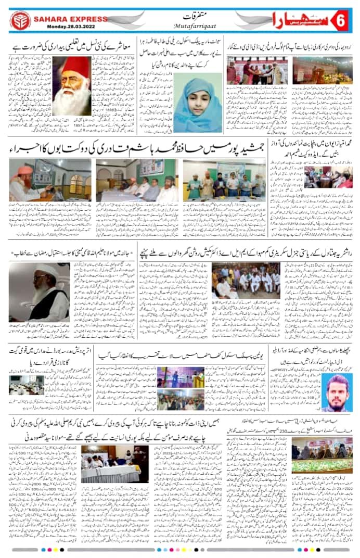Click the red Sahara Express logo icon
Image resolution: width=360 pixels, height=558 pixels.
coord(20,20)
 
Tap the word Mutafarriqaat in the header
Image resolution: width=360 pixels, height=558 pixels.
coord(181,24)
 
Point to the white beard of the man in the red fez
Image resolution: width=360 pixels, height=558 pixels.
coord(71,102)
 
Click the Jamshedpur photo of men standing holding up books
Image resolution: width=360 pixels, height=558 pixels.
coord(224,180)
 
